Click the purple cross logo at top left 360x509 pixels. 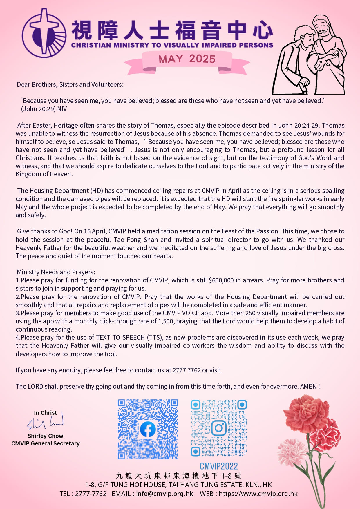coord(44,33)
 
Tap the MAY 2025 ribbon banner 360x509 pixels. coord(187,59)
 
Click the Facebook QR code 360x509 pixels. coord(148,429)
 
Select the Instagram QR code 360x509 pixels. coord(219,428)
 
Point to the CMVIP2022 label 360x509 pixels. coord(219,466)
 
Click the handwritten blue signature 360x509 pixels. coord(45,422)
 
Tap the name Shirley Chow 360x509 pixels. coord(45,436)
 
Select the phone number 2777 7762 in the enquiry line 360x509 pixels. coord(187,370)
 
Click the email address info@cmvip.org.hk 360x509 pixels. coord(164,494)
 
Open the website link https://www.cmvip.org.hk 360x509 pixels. coord(258,494)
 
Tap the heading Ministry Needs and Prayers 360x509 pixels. coord(56,272)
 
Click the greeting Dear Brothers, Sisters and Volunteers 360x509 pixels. coord(70,85)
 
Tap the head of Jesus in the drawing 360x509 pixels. coord(323,27)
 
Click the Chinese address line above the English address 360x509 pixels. coord(178,476)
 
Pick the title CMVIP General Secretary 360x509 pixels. coord(45,443)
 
